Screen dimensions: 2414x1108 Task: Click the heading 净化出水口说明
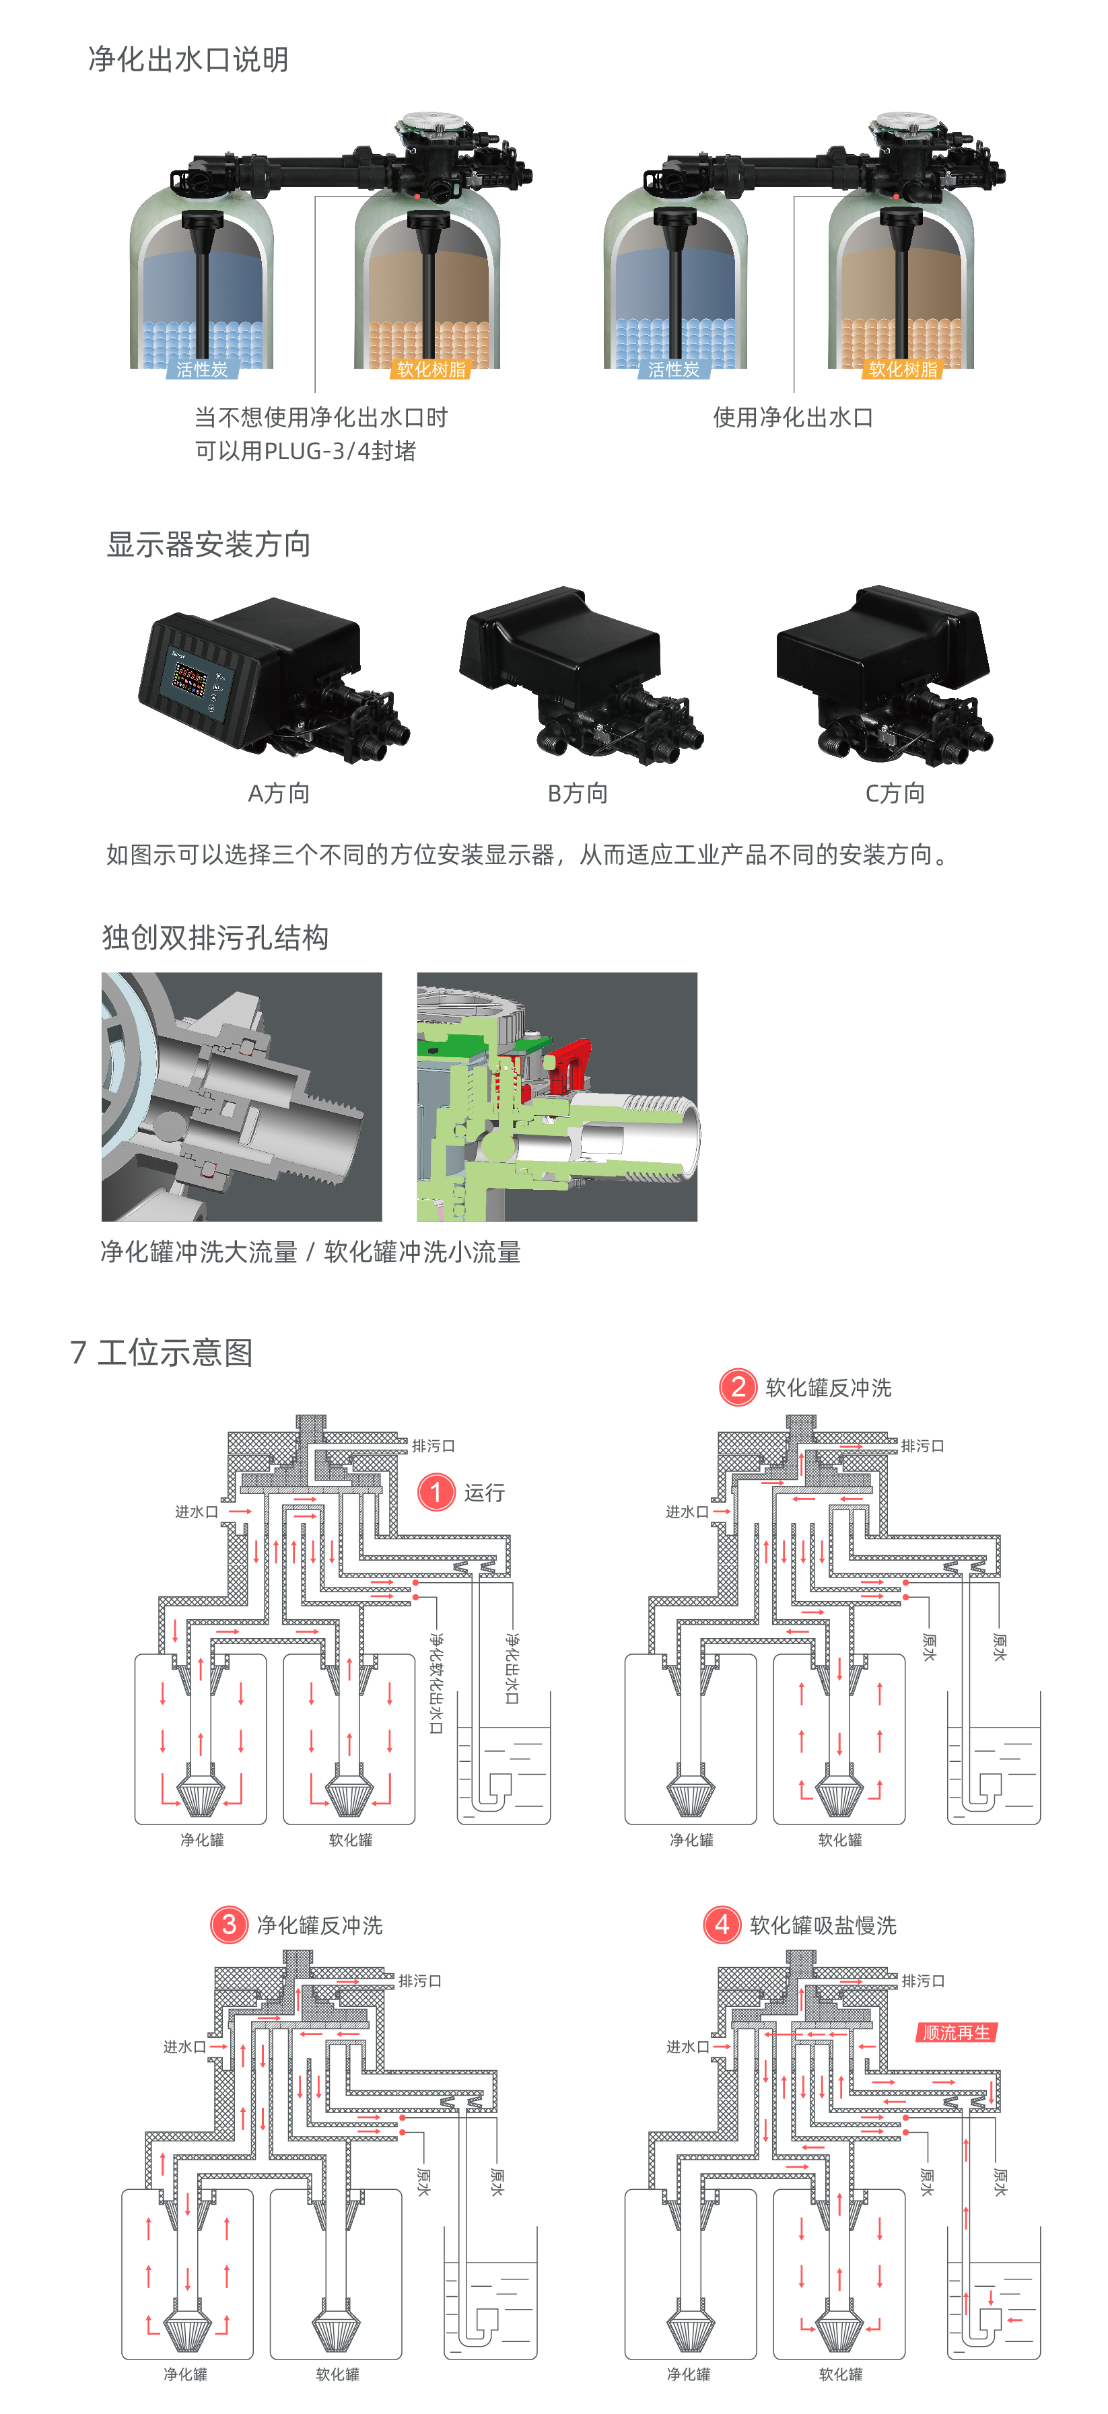click(188, 60)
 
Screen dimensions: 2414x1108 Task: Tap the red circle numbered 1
click(436, 1492)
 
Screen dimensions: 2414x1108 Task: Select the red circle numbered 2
click(738, 1387)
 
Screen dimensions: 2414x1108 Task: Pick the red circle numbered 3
click(229, 1925)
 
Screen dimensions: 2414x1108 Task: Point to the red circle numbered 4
click(722, 1925)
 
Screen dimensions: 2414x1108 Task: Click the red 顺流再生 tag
click(955, 2032)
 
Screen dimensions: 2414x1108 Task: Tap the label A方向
click(279, 793)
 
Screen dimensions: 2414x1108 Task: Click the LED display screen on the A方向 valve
click(191, 680)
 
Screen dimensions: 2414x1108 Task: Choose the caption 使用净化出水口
click(793, 418)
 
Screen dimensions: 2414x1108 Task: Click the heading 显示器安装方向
click(208, 544)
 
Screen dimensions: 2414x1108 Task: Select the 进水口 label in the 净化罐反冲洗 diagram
click(184, 2047)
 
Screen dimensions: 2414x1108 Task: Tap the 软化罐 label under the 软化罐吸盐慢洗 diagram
click(840, 2374)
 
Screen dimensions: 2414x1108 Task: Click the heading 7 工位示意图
click(162, 1352)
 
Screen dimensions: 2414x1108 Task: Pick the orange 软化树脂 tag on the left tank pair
click(430, 369)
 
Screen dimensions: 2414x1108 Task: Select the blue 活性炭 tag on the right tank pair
click(673, 369)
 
